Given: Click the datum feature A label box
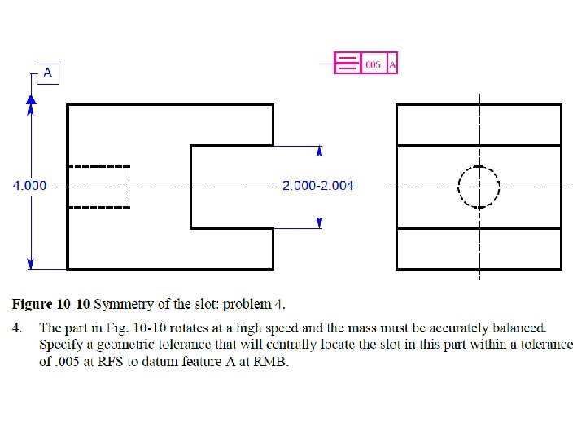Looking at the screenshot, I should click(x=48, y=73).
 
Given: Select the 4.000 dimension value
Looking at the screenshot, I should click(x=29, y=186).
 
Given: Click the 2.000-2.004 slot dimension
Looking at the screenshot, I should click(x=317, y=186).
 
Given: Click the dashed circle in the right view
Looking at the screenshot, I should click(x=479, y=187).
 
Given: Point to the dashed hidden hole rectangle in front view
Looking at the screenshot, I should click(x=98, y=187).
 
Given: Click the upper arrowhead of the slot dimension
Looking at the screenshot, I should click(x=320, y=151).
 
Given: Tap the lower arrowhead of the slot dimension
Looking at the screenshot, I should click(x=320, y=222).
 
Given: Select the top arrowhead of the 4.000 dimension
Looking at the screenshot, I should click(x=31, y=99).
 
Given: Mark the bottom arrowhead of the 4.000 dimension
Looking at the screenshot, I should click(x=31, y=262).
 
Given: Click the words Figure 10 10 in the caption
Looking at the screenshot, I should click(x=51, y=305).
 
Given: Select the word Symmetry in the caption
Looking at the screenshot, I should click(x=123, y=305).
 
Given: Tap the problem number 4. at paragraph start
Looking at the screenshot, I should click(x=17, y=328).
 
